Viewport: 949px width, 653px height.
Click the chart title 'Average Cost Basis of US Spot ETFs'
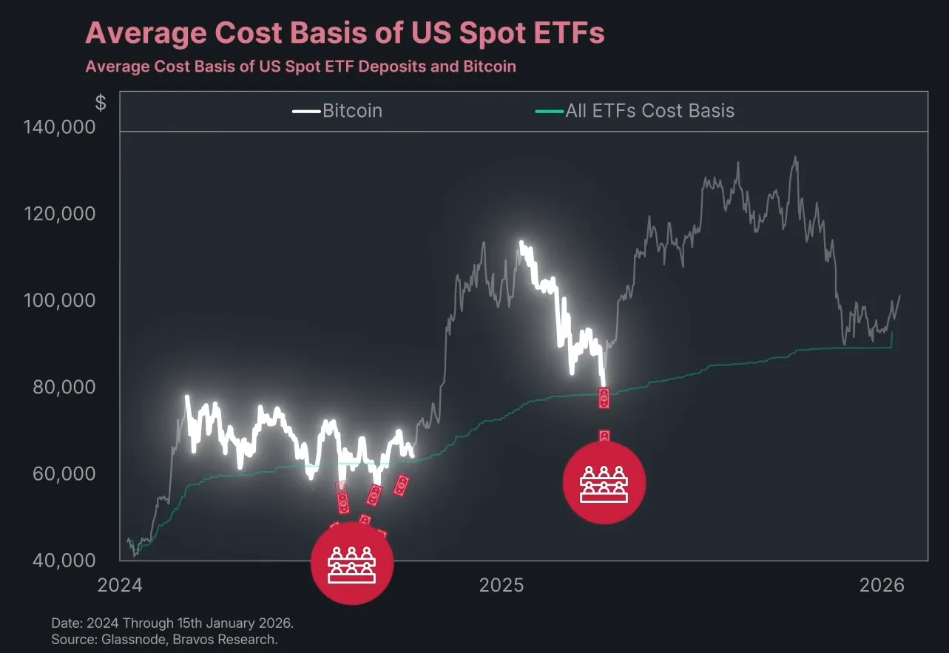[x=345, y=33]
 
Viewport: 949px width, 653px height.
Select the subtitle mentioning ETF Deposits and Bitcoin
[x=300, y=67]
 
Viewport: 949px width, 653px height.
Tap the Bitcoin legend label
[x=352, y=111]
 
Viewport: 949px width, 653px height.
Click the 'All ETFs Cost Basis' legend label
[x=649, y=111]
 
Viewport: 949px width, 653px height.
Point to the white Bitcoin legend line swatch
[x=306, y=112]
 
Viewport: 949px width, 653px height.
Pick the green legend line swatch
[x=548, y=112]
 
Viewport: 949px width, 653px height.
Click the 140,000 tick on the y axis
[x=65, y=127]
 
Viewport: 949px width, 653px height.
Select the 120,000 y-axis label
[x=65, y=214]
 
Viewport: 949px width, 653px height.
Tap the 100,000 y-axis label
[x=65, y=300]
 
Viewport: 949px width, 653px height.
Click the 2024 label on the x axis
[x=120, y=586]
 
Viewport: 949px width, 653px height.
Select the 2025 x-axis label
[x=501, y=586]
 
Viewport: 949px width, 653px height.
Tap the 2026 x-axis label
[x=882, y=586]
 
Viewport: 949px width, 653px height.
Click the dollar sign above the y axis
[x=101, y=103]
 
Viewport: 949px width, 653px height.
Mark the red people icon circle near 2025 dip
[x=604, y=482]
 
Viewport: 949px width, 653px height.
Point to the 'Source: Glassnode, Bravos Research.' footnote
[x=164, y=639]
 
